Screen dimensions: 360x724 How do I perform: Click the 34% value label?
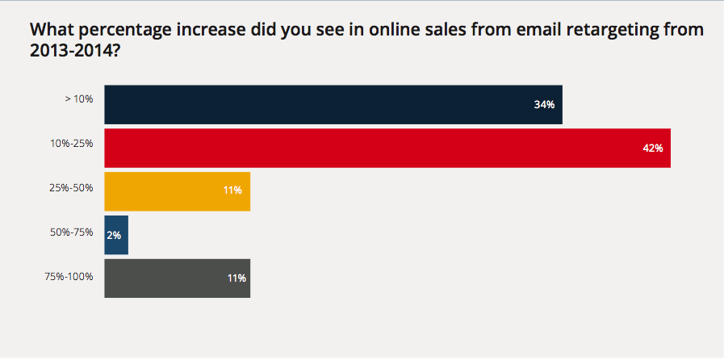(544, 105)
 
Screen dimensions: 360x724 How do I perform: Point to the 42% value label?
(652, 149)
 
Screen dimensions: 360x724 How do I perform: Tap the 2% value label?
(114, 235)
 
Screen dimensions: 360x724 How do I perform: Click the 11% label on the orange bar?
(234, 191)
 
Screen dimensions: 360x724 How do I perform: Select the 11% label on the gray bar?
(236, 278)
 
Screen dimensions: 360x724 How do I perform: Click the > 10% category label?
(78, 99)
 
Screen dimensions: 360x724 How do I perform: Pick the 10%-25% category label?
(71, 143)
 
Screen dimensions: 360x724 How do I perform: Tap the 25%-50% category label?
(71, 188)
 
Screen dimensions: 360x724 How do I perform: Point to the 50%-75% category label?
(71, 232)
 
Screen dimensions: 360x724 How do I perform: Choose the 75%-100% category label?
(69, 276)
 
